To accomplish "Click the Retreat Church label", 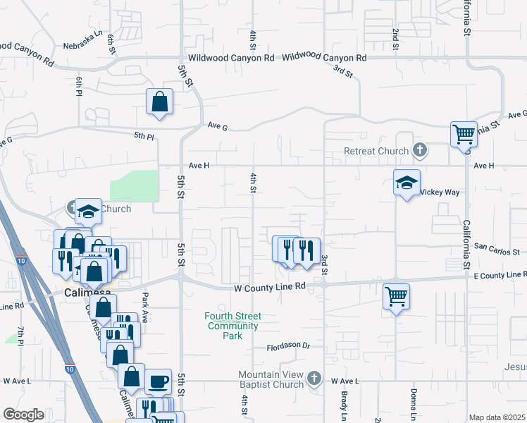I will pyautogui.click(x=376, y=151).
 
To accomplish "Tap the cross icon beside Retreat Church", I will pyautogui.click(x=420, y=150).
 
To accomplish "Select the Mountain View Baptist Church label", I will pyautogui.click(x=271, y=379).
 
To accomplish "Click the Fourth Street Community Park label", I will pyautogui.click(x=232, y=326).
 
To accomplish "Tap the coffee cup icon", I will pyautogui.click(x=158, y=381).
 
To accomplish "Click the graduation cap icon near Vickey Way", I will pyautogui.click(x=407, y=183).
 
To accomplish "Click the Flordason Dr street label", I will pyautogui.click(x=288, y=346).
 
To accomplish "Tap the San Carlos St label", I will pyautogui.click(x=500, y=250).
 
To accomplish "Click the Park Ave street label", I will pyautogui.click(x=145, y=307).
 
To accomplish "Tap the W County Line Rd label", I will pyautogui.click(x=271, y=287).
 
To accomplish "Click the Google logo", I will pyautogui.click(x=23, y=415).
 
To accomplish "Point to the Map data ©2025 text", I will pyautogui.click(x=497, y=417).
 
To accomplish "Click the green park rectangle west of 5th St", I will pyautogui.click(x=134, y=185).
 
